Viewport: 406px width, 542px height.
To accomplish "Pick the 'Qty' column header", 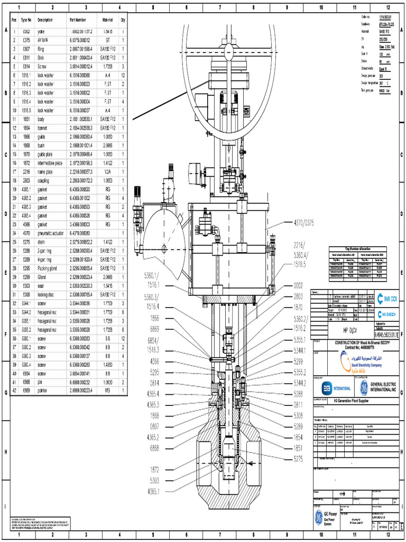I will tap(123, 20).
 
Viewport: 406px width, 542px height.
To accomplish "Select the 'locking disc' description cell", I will tap(47, 294).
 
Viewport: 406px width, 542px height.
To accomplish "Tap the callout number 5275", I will tap(302, 459).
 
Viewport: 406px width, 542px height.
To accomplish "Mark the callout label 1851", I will tap(302, 448).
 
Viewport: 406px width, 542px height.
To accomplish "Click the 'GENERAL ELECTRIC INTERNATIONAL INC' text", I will tap(384, 387).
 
